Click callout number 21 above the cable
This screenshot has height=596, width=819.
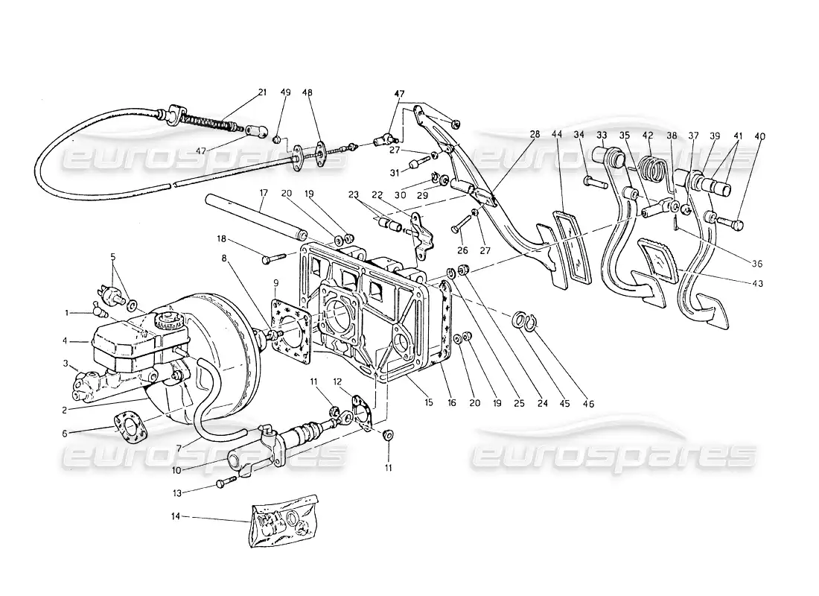tap(261, 92)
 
